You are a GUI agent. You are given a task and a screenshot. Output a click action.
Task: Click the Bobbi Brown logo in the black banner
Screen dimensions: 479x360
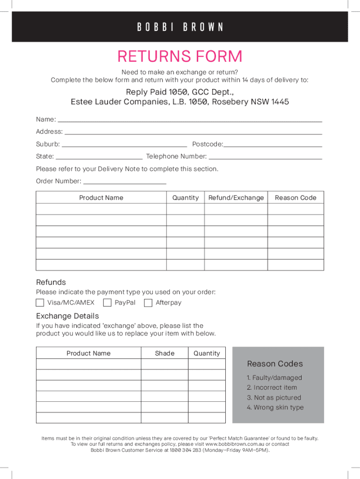pos(180,27)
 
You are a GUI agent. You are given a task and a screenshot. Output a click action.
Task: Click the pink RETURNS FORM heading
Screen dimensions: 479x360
pos(180,57)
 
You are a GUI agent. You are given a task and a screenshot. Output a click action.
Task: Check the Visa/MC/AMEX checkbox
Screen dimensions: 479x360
pos(40,303)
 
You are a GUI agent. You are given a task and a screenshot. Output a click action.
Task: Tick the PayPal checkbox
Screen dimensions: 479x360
pos(107,303)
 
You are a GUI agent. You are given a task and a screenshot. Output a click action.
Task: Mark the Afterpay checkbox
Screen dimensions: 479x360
pos(148,303)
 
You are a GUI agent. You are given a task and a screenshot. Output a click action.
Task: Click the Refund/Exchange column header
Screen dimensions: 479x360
pos(236,198)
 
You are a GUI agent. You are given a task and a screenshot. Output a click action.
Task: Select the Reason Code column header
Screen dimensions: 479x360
pos(295,198)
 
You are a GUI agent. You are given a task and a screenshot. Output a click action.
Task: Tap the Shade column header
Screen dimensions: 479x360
pos(165,353)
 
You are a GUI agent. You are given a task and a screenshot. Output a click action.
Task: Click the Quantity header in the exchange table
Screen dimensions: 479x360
pos(207,353)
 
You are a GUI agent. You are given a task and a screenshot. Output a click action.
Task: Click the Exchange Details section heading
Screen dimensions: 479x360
pos(67,316)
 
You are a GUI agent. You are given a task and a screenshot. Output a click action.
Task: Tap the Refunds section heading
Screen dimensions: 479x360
pos(51,282)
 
